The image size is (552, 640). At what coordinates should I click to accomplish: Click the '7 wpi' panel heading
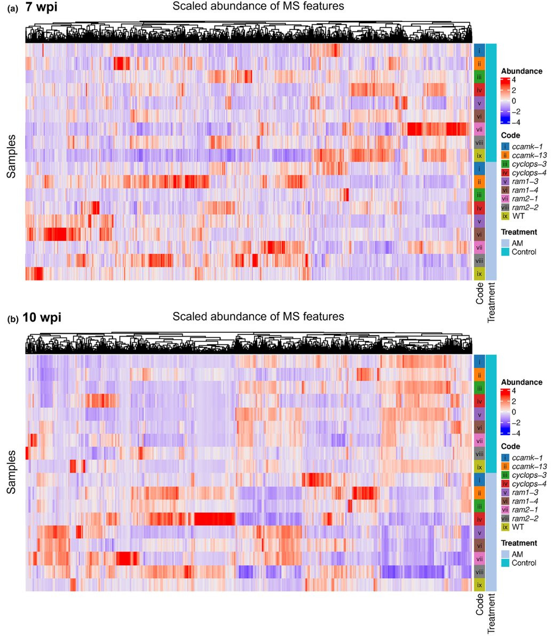point(42,7)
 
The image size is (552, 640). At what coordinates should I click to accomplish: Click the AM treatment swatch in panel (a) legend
point(505,243)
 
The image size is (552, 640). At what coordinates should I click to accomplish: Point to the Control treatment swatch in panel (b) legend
point(505,563)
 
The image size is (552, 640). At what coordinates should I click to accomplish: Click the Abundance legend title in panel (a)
point(522,71)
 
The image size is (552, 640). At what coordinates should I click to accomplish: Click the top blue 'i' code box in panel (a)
point(479,51)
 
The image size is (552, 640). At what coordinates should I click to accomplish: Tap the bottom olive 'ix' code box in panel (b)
point(479,585)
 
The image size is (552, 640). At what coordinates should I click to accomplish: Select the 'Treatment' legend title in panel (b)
point(519,543)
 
